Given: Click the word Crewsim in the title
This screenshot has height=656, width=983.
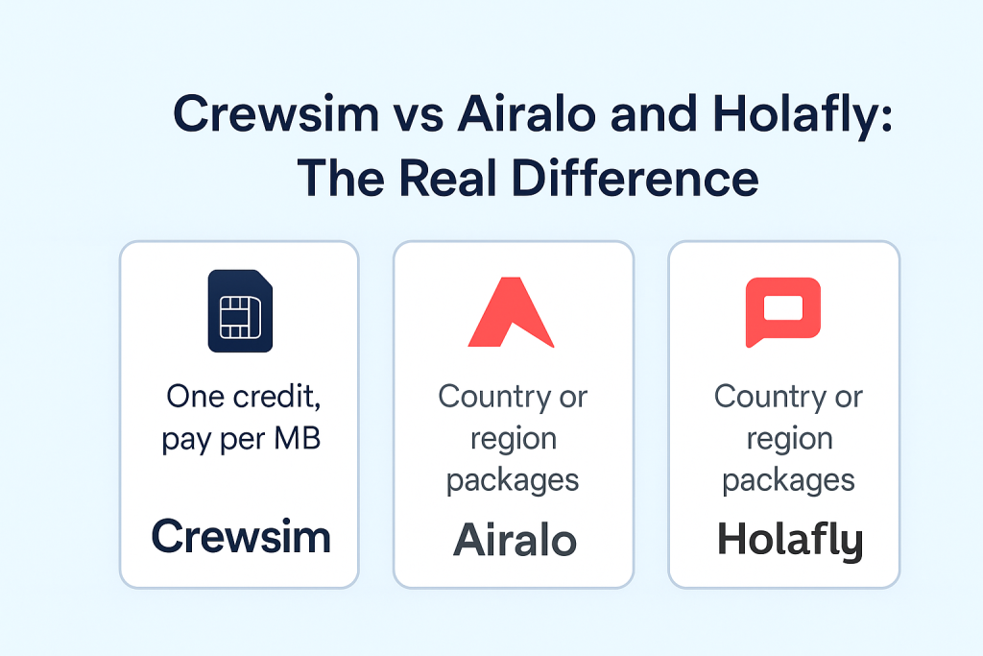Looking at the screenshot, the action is click(x=276, y=113).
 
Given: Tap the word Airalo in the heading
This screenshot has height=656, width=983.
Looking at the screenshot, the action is click(x=527, y=113).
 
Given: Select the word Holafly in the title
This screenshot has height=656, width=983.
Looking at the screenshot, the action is click(x=803, y=117).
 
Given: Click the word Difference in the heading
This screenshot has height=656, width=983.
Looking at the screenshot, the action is click(x=635, y=178).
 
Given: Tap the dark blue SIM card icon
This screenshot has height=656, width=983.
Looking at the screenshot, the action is click(x=240, y=310).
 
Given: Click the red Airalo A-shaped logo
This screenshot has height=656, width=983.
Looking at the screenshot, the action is click(x=511, y=312).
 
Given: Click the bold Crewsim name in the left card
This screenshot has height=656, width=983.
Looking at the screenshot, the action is click(x=241, y=537).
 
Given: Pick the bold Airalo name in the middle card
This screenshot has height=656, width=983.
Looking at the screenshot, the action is click(x=515, y=540).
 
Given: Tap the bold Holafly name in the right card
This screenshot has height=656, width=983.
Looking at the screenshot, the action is click(x=790, y=541).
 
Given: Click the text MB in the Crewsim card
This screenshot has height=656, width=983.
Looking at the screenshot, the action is click(x=298, y=438).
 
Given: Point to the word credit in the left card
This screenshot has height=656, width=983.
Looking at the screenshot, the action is click(x=277, y=397).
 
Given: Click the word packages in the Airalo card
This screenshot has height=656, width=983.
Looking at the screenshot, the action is click(x=513, y=481).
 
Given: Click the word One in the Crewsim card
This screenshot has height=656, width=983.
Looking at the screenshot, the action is click(x=196, y=397).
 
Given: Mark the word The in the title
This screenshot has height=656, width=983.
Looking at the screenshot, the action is click(x=341, y=178).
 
